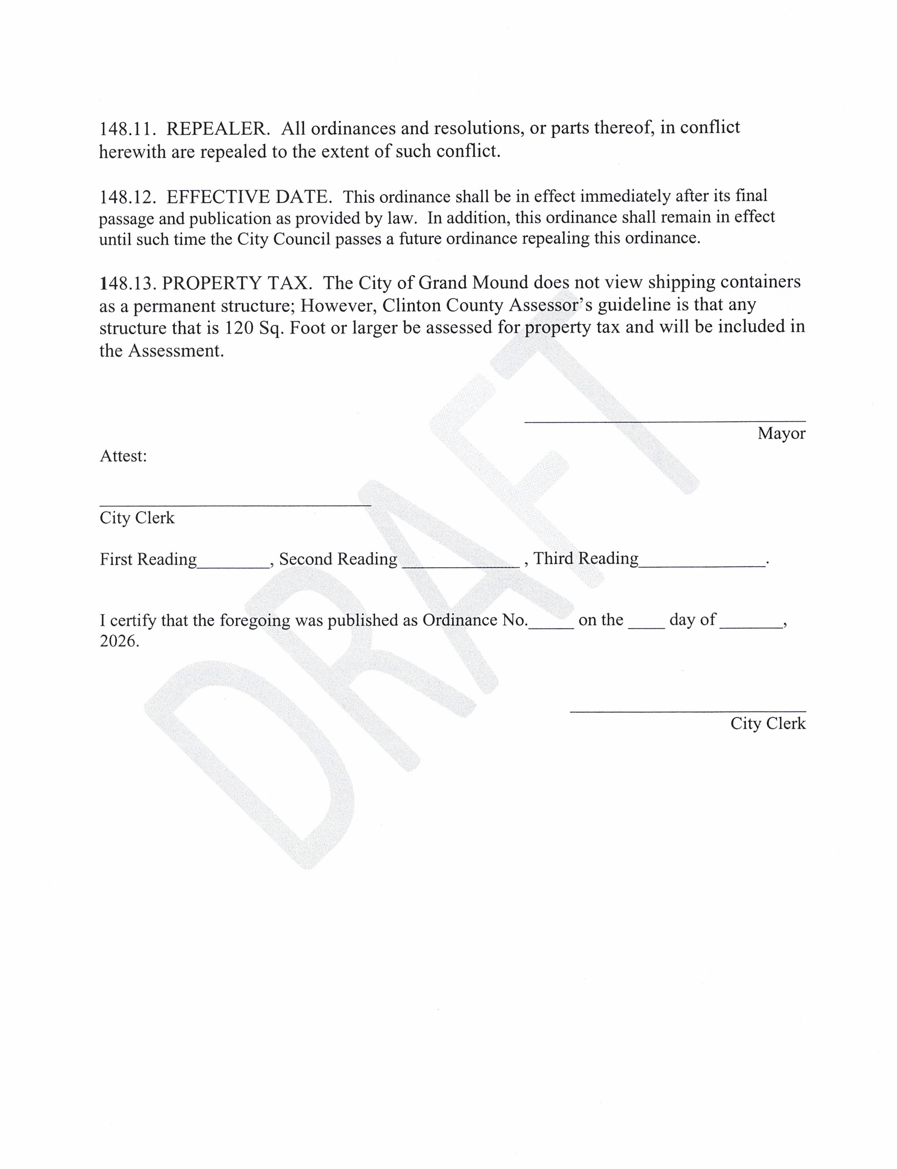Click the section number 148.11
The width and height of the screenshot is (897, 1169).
pos(127,129)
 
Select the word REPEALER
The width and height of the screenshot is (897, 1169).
pos(218,129)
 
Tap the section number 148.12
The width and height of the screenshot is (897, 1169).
pos(127,197)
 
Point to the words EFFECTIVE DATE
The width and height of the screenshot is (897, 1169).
pos(249,197)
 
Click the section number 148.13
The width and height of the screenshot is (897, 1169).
pos(127,283)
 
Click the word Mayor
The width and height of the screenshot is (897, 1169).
pos(781,433)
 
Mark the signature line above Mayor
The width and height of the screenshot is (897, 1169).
pos(665,421)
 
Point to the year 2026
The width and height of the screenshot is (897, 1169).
pos(119,641)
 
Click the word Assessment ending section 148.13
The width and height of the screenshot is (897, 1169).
pos(175,351)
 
